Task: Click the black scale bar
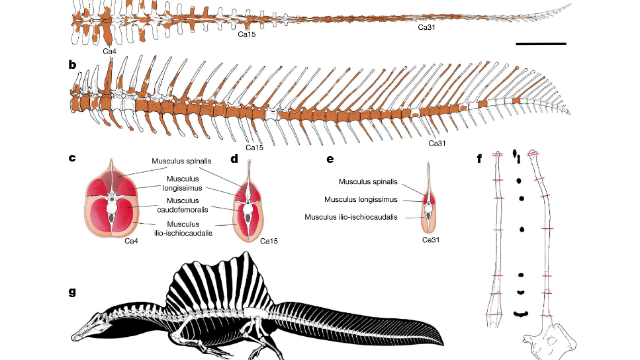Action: click(x=540, y=44)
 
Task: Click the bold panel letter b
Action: click(x=71, y=65)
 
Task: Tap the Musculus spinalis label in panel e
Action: click(x=368, y=181)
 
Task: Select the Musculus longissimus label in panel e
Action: click(x=360, y=199)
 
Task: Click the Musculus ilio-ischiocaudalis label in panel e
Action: click(x=351, y=216)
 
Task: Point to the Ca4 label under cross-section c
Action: click(x=132, y=241)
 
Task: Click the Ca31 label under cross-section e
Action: click(x=432, y=240)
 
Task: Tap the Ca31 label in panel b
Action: click(x=437, y=143)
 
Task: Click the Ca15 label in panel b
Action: click(x=255, y=148)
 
